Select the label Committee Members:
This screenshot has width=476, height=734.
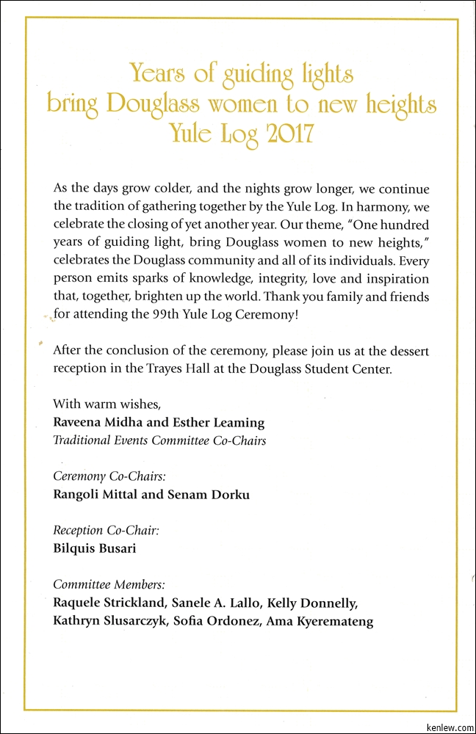[109, 584]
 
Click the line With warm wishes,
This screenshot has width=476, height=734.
[107, 404]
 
